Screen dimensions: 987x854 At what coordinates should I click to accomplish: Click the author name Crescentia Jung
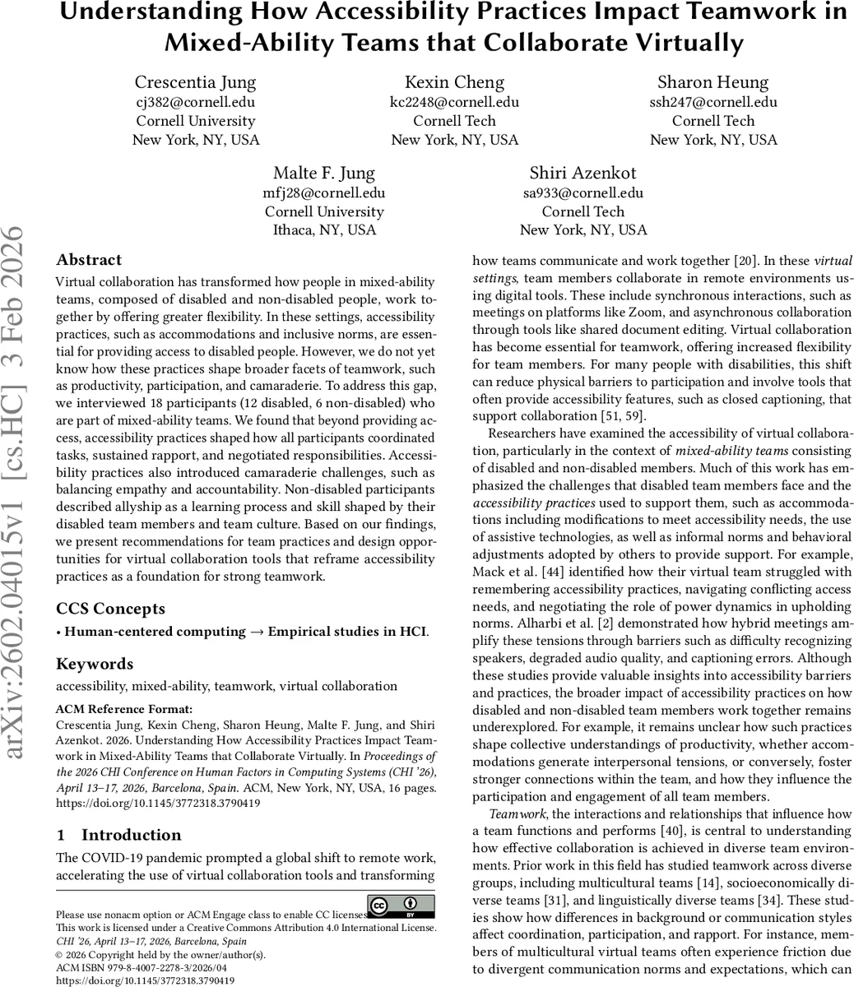[196, 82]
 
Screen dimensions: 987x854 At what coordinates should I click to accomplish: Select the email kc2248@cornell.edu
[454, 103]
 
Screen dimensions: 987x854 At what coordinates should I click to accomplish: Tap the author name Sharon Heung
[712, 82]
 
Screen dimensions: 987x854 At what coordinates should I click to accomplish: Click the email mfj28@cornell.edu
[324, 193]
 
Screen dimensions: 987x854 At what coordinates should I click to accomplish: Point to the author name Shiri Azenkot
[582, 174]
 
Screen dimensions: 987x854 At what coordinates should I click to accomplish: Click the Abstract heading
[89, 260]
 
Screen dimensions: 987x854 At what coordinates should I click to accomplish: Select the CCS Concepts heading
[110, 609]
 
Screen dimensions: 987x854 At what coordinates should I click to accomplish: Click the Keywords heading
[95, 664]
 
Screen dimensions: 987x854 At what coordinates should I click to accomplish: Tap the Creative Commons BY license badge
[401, 906]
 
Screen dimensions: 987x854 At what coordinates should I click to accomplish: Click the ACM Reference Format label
[124, 708]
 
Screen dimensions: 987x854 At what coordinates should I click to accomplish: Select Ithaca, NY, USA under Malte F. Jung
[324, 230]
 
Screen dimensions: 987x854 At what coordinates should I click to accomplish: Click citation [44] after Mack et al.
[549, 572]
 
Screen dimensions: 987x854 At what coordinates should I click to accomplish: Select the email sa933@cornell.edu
[582, 193]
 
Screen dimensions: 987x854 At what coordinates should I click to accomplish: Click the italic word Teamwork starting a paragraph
[511, 813]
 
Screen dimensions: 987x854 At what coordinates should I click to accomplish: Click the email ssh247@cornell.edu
[712, 103]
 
